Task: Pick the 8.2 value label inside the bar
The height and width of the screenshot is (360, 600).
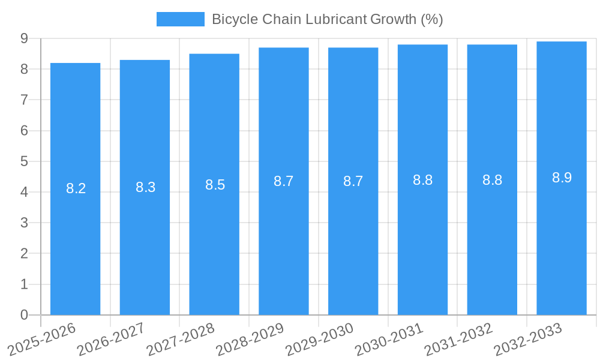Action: [76, 188]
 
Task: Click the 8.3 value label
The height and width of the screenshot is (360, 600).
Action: [145, 187]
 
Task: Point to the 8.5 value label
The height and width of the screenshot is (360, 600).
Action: [215, 185]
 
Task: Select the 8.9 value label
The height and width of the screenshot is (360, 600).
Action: [562, 178]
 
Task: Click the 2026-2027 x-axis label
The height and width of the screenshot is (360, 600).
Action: [111, 339]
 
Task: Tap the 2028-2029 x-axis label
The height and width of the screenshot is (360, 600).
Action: [250, 339]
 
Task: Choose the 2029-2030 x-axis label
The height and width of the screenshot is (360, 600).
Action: [319, 339]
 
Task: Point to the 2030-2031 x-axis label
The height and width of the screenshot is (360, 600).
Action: [389, 339]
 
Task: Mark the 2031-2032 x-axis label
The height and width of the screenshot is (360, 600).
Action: [458, 339]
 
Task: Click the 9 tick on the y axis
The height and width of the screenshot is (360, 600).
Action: [24, 38]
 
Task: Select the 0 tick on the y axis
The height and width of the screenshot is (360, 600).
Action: [24, 315]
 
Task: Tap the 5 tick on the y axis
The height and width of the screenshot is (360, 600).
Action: [24, 161]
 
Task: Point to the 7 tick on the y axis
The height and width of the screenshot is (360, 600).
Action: [24, 100]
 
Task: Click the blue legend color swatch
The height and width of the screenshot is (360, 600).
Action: [180, 19]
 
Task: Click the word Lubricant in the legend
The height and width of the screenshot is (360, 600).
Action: [335, 19]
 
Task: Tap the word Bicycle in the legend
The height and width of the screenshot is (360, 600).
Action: [235, 19]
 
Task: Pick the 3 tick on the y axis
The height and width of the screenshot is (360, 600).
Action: [24, 223]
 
